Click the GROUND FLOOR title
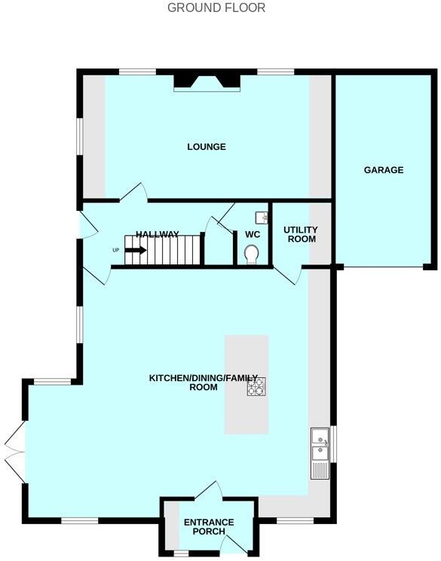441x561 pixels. tap(216, 8)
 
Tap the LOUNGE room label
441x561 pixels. tap(207, 147)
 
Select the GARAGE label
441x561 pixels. tap(384, 170)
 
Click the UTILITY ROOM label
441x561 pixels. tap(300, 234)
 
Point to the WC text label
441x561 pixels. tap(252, 234)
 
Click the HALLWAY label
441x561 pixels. tap(158, 235)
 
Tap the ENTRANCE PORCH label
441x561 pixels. tap(209, 527)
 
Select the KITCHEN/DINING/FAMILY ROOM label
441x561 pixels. tap(204, 383)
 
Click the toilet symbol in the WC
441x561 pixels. tap(252, 254)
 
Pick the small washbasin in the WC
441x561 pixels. tap(261, 218)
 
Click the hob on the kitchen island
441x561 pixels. tap(256, 386)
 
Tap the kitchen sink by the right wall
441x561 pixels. tap(319, 444)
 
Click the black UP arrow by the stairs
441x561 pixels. tap(135, 251)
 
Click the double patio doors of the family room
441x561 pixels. tap(14, 453)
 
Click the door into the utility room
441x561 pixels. tap(287, 276)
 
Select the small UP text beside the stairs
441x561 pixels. tap(116, 251)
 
